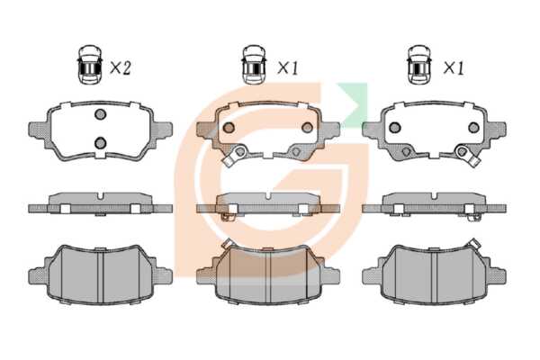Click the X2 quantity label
(121, 68)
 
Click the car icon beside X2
(90, 65)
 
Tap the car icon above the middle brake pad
(254, 65)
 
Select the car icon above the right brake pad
(419, 65)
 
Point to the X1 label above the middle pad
(288, 68)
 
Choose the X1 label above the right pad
(454, 68)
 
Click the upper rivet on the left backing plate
(100, 114)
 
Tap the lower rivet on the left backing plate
(100, 142)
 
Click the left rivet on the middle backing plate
(229, 128)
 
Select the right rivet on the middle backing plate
(307, 128)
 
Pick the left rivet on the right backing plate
(395, 128)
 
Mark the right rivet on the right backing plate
(473, 128)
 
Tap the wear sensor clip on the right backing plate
(467, 156)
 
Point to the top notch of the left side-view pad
(100, 195)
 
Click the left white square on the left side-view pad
(65, 209)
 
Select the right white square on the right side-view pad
(469, 209)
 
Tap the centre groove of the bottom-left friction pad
(100, 276)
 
